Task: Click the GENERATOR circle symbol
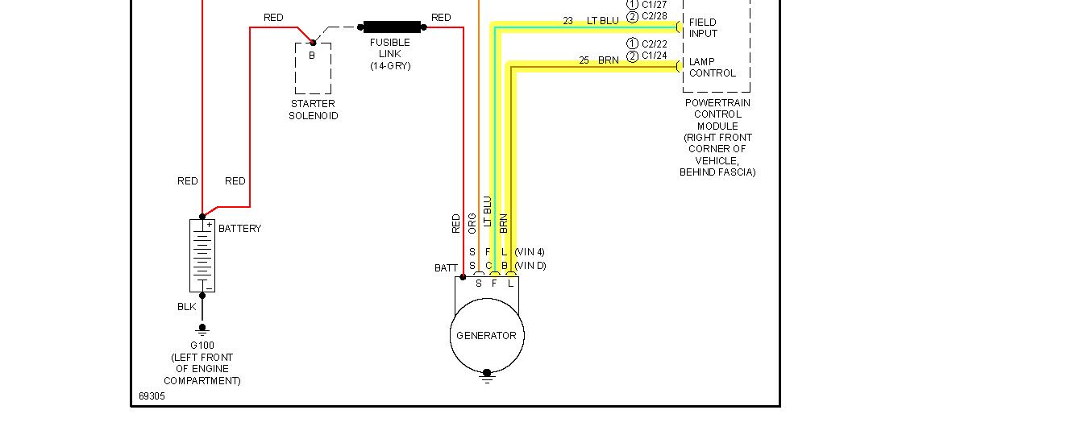pyautogui.click(x=486, y=336)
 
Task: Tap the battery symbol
pyautogui.click(x=202, y=255)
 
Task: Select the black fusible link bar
pyautogui.click(x=392, y=27)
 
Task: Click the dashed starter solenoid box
pyautogui.click(x=313, y=68)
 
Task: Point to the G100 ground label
pyautogui.click(x=202, y=346)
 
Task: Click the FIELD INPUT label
pyautogui.click(x=703, y=28)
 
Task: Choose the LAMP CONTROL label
pyautogui.click(x=712, y=68)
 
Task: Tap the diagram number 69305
pyautogui.click(x=151, y=396)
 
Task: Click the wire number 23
pyautogui.click(x=567, y=21)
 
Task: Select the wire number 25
pyautogui.click(x=584, y=60)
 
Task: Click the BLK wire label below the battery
pyautogui.click(x=187, y=307)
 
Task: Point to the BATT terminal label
pyautogui.click(x=446, y=268)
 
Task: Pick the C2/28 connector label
pyautogui.click(x=654, y=16)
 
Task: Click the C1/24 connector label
pyautogui.click(x=654, y=56)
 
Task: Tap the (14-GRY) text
pyautogui.click(x=390, y=66)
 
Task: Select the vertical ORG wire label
pyautogui.click(x=472, y=223)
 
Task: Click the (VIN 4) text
pyautogui.click(x=530, y=252)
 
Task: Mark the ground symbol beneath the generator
pyautogui.click(x=486, y=375)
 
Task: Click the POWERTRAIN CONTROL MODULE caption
pyautogui.click(x=717, y=114)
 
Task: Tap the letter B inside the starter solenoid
pyautogui.click(x=312, y=56)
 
